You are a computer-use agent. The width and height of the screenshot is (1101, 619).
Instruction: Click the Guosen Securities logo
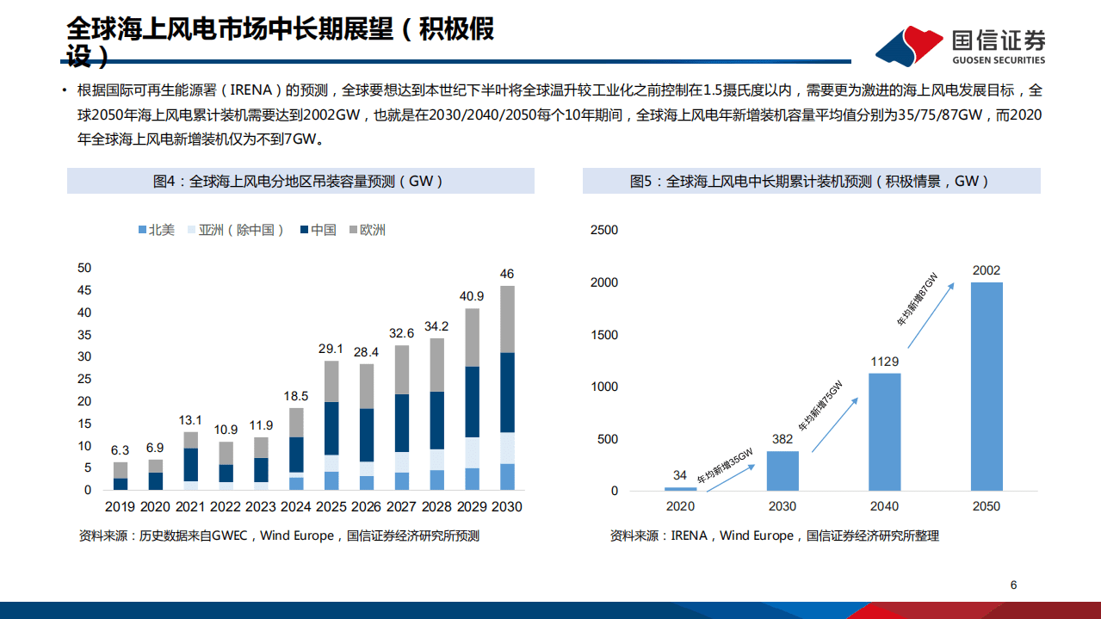(x=961, y=46)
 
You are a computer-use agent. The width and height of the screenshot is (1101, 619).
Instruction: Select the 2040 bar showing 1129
(x=884, y=431)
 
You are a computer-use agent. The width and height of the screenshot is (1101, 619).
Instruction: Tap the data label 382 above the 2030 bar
(x=782, y=439)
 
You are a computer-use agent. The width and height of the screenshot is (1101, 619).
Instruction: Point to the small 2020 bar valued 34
(x=681, y=488)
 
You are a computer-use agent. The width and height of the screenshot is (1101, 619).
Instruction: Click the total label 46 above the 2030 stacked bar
(x=507, y=274)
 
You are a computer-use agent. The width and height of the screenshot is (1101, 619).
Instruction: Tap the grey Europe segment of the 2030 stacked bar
(x=507, y=319)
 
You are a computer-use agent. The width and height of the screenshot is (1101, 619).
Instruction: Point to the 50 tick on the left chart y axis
(x=84, y=268)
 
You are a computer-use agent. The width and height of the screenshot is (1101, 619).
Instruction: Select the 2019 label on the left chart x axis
(x=121, y=507)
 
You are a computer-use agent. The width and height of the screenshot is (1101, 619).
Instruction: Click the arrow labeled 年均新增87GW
(x=931, y=312)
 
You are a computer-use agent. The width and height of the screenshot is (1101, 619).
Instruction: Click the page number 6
(x=1013, y=585)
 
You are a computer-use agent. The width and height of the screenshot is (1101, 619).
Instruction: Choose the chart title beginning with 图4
(x=300, y=182)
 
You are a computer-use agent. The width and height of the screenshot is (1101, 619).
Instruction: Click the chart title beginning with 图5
(x=810, y=182)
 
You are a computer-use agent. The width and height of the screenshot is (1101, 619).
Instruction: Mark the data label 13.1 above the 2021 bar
(x=191, y=420)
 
